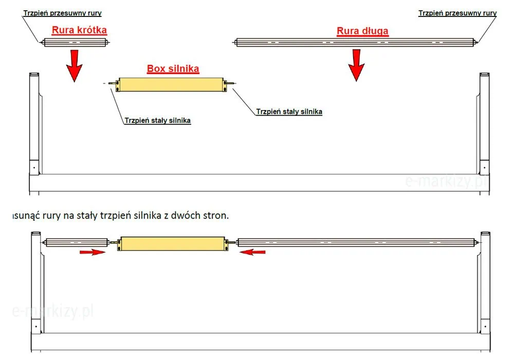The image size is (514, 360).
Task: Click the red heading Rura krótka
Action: (79, 30)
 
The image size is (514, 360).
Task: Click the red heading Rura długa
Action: (362, 31)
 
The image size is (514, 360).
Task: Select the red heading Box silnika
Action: (173, 68)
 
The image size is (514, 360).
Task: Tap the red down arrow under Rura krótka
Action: (75, 66)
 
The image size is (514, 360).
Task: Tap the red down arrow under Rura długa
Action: (356, 65)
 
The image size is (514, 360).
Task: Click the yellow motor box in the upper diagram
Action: (171, 84)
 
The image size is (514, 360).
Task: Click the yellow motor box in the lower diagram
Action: (173, 244)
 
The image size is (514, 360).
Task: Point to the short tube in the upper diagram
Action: (75, 42)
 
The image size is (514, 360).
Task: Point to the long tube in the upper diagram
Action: (355, 42)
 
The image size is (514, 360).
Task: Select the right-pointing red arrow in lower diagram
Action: (93, 252)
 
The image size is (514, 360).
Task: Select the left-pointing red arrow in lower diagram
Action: (252, 252)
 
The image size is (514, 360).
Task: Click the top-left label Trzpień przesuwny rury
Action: (62, 13)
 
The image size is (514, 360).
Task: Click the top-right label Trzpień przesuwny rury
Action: (457, 13)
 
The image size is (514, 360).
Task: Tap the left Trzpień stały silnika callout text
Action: (157, 120)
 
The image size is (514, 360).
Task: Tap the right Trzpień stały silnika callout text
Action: (289, 112)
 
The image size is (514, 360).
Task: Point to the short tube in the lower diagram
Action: (77, 243)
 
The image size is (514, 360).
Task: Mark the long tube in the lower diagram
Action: (357, 243)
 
